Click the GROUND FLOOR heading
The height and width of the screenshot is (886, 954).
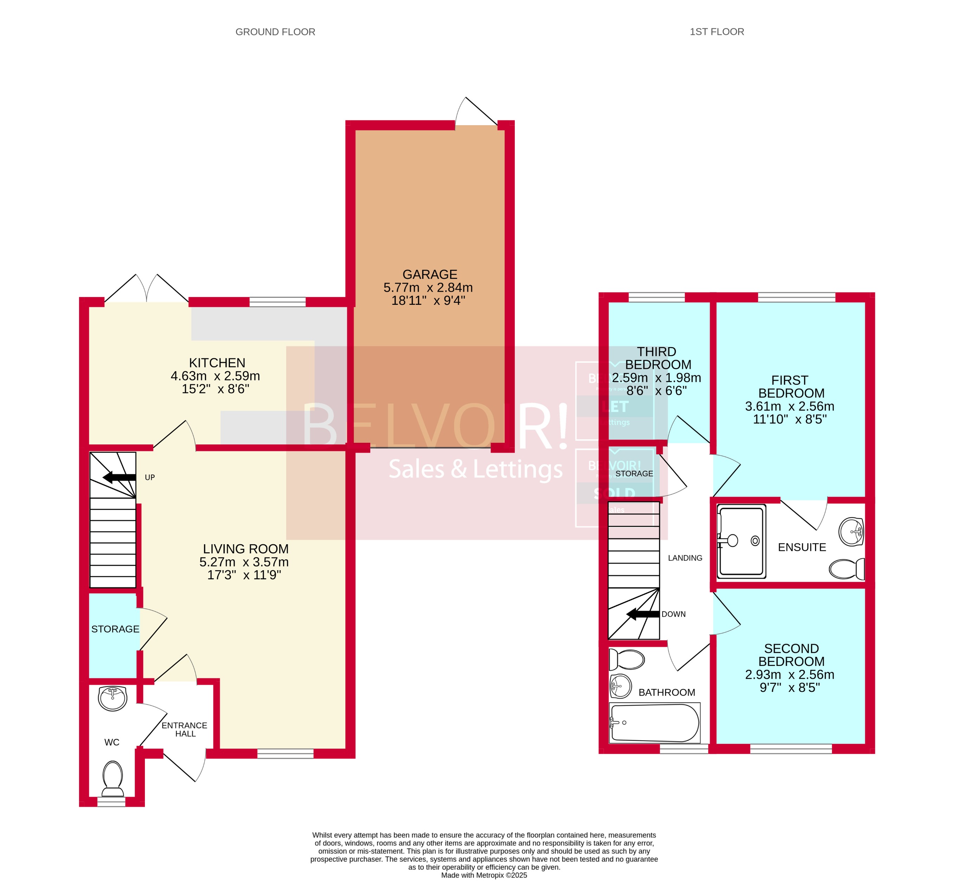[275, 32]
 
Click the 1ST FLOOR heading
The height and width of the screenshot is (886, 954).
[716, 32]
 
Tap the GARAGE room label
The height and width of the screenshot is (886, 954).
[430, 274]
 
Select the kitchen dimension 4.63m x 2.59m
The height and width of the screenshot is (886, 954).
[215, 376]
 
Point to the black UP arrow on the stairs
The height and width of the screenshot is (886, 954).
[119, 477]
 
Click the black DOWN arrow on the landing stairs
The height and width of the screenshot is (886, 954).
[643, 614]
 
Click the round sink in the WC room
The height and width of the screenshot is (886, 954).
[113, 698]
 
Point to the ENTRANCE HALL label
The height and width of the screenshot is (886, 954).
[185, 729]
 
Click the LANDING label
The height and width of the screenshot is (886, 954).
[685, 558]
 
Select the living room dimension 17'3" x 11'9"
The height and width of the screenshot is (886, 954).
[244, 575]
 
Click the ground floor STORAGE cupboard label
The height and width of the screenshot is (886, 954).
[115, 629]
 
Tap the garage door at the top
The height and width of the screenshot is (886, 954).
[476, 113]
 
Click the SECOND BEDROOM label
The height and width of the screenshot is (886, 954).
[791, 655]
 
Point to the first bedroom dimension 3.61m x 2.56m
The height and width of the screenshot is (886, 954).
[789, 406]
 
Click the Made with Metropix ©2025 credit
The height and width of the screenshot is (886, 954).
[484, 875]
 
